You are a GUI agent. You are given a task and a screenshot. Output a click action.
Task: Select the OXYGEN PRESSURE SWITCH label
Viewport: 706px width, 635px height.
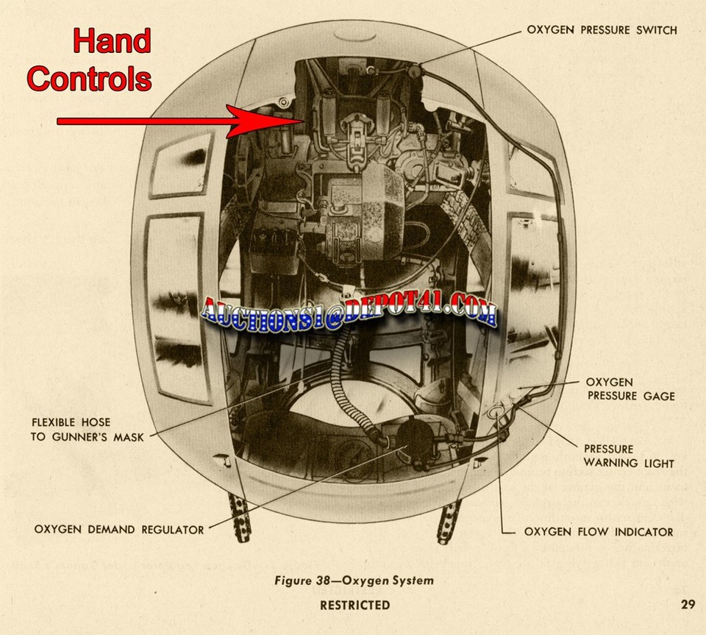(x=602, y=30)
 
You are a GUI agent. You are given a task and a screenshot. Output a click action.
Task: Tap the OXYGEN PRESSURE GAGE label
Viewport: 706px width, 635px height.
(x=630, y=389)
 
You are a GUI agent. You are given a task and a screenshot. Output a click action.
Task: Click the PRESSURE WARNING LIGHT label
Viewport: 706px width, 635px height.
(x=629, y=455)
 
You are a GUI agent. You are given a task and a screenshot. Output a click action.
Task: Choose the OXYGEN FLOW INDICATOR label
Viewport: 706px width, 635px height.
(x=598, y=531)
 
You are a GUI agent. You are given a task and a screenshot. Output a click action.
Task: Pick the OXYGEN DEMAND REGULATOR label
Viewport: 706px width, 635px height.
(x=119, y=529)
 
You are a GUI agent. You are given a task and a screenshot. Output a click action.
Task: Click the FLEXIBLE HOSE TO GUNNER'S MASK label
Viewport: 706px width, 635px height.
(x=71, y=429)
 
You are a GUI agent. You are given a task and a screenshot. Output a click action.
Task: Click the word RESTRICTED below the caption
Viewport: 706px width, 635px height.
(x=354, y=606)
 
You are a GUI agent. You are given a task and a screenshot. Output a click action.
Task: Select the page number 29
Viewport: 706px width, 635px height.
(x=687, y=606)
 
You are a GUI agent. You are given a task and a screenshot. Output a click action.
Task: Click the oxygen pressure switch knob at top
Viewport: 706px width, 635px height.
(x=414, y=72)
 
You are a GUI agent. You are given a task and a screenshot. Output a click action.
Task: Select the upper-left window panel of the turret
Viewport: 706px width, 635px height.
(x=182, y=165)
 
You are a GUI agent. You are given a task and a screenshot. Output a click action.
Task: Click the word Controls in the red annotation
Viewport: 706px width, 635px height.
(x=90, y=78)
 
